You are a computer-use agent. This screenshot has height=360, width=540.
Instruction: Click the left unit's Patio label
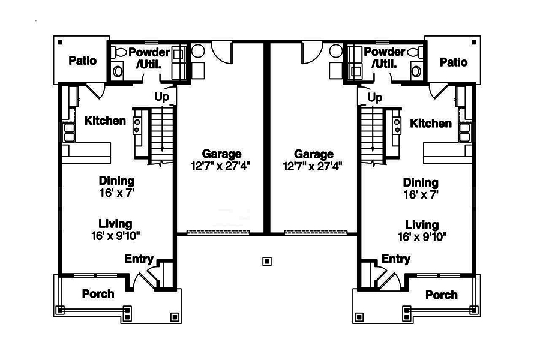pyautogui.click(x=83, y=61)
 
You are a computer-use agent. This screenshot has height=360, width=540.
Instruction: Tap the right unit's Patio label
pyautogui.click(x=454, y=62)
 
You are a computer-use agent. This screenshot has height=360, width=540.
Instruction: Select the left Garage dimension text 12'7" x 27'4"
pyautogui.click(x=220, y=166)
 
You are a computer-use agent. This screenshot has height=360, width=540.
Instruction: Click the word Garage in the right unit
pyautogui.click(x=314, y=154)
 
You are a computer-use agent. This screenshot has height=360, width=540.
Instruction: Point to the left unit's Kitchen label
pyautogui.click(x=105, y=121)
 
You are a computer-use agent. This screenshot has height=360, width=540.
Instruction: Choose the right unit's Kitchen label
pyautogui.click(x=430, y=124)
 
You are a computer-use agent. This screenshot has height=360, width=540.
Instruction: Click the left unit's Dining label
pyautogui.click(x=116, y=181)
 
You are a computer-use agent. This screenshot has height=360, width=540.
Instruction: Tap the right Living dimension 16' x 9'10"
pyautogui.click(x=422, y=237)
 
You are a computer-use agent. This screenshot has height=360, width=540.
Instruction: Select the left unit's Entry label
pyautogui.click(x=139, y=259)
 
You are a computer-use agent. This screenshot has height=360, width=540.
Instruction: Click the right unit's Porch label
pyautogui.click(x=442, y=295)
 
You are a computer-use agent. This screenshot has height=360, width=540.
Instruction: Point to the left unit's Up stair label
pyautogui.click(x=161, y=97)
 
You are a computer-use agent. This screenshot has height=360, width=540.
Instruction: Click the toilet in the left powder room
pyautogui.click(x=119, y=53)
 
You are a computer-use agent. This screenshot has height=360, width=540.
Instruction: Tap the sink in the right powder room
pyautogui.click(x=416, y=71)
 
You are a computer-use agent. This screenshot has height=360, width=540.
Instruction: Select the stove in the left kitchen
pyautogui.click(x=137, y=126)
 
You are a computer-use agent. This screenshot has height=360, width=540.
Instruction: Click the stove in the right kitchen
pyautogui.click(x=397, y=126)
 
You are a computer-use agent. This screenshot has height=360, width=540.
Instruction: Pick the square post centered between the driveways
pyautogui.click(x=267, y=262)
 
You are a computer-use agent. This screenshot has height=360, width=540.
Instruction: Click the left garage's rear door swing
pyautogui.click(x=222, y=53)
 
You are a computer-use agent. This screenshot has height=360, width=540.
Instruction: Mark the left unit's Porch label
pyautogui.click(x=98, y=294)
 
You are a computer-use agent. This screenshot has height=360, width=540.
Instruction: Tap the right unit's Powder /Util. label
pyautogui.click(x=385, y=58)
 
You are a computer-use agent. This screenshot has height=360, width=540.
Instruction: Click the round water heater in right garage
pyautogui.click(x=336, y=51)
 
